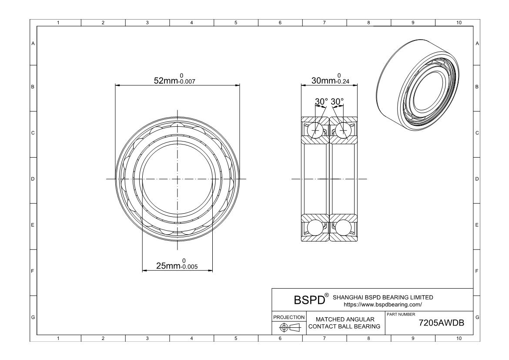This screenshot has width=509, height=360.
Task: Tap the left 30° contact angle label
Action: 321,101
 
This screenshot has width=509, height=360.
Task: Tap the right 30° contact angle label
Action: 337,101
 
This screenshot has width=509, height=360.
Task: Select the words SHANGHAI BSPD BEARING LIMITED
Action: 383,297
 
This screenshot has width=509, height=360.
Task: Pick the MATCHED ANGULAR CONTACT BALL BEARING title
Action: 345,323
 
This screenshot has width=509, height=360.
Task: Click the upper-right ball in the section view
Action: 343,130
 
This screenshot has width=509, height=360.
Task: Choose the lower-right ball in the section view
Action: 343,228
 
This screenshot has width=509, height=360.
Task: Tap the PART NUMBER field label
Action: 400,314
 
